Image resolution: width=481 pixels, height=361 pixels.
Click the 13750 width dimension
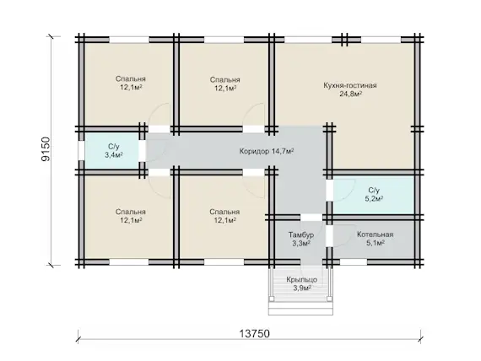pos(254,333)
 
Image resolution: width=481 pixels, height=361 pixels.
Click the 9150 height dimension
pos(46,149)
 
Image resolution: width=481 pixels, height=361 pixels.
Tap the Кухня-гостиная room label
pos(350,85)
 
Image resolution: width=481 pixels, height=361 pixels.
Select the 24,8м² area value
pos(350,94)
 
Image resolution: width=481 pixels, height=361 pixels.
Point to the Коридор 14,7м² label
pos(267,151)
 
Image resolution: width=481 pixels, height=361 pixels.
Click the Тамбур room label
pos(301,235)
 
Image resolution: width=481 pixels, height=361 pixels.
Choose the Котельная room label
pos(375,234)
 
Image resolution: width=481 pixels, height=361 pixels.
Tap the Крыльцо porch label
pos(302,280)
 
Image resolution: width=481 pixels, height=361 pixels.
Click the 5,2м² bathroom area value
pos(374,199)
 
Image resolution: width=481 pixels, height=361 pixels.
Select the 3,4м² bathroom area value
pos(114,155)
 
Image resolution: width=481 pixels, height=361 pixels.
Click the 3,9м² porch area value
pos(302,288)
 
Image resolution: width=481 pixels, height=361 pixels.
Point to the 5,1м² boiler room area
pos(376,243)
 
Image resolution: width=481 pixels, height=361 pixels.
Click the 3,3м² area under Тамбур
pos(301,243)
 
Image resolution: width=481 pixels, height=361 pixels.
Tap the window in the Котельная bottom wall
pos(353,262)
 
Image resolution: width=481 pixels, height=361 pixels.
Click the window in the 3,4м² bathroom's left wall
pos(81,150)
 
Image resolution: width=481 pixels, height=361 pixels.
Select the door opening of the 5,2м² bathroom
pos(330,190)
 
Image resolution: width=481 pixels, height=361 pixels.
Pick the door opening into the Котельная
pos(330,236)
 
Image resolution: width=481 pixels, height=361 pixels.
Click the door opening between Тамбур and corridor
pos(311,218)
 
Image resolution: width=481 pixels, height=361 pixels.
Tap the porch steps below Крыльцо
pos(300,308)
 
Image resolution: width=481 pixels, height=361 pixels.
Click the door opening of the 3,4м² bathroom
pos(142,150)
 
